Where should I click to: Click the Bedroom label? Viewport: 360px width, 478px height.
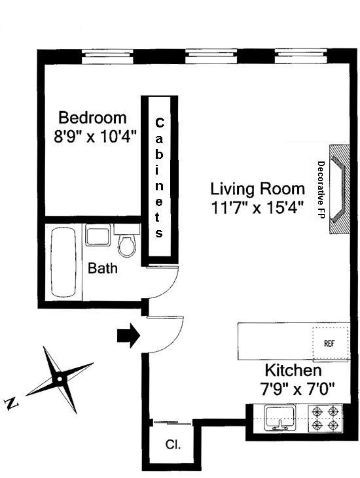pyautogui.click(x=92, y=118)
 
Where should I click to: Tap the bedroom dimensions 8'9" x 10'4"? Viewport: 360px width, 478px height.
pyautogui.click(x=94, y=136)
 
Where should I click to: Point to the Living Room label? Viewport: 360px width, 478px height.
pyautogui.click(x=257, y=189)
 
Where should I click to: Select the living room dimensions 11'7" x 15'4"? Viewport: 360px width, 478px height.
pyautogui.click(x=257, y=208)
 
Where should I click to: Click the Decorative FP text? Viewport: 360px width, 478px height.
pyautogui.click(x=321, y=190)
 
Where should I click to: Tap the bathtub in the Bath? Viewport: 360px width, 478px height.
pyautogui.click(x=63, y=262)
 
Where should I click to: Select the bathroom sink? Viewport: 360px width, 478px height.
pyautogui.click(x=98, y=235)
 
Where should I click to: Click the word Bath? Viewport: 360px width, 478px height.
pyautogui.click(x=103, y=268)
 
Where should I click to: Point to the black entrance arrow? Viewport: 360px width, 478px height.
pyautogui.click(x=128, y=335)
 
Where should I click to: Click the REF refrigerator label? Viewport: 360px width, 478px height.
pyautogui.click(x=329, y=343)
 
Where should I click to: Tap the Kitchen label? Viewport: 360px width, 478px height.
pyautogui.click(x=293, y=370)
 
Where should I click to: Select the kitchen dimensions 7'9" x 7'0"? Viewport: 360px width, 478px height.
pyautogui.click(x=297, y=388)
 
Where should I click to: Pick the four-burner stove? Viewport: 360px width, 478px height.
pyautogui.click(x=325, y=418)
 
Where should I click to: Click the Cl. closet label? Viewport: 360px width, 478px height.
pyautogui.click(x=173, y=445)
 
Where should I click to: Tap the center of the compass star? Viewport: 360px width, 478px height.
pyautogui.click(x=60, y=379)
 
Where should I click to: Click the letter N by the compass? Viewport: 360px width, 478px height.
pyautogui.click(x=12, y=404)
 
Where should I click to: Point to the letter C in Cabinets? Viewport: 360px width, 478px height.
pyautogui.click(x=159, y=123)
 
